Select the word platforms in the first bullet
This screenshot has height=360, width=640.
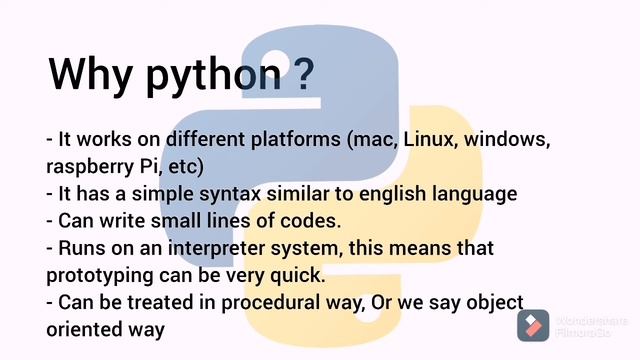pyautogui.click(x=296, y=140)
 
